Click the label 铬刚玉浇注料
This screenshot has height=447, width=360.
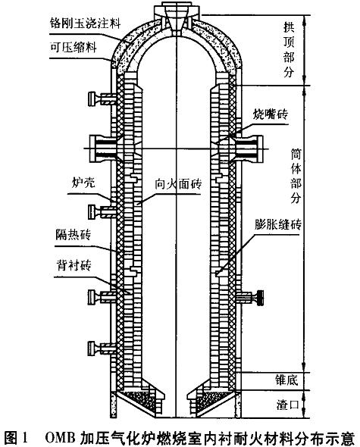86,23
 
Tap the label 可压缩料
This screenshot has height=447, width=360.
73,47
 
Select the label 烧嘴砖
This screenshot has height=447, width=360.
270,114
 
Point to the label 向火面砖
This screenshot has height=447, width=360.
178,184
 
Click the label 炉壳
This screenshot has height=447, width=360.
83,182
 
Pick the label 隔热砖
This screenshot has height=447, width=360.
74,235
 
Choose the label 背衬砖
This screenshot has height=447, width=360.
74,265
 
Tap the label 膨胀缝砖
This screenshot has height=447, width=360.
278,224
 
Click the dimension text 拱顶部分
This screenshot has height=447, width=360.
289,50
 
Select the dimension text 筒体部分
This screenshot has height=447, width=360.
296,176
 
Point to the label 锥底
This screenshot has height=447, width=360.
286,380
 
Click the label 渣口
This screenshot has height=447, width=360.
287,405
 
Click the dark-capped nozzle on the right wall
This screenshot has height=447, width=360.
260,298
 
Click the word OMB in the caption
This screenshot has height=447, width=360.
60,437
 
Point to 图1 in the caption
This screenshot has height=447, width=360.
16,437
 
